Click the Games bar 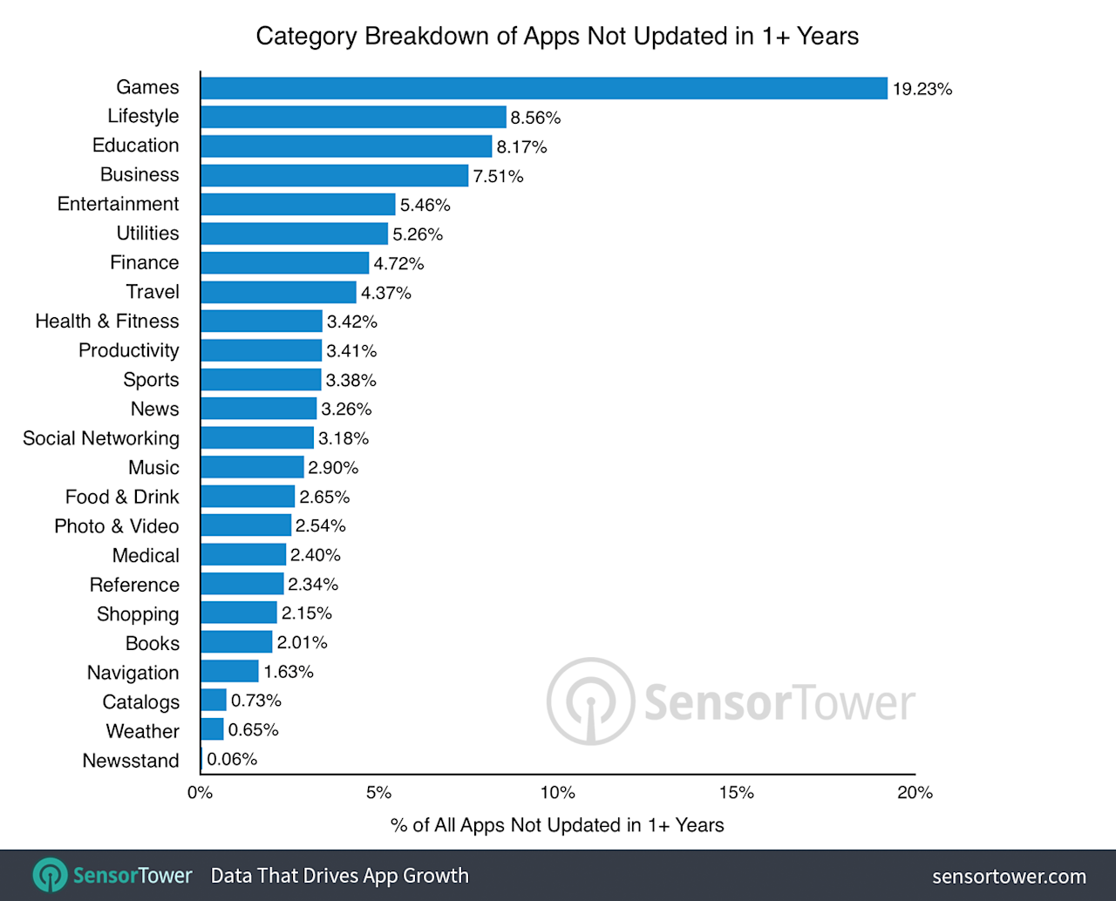pyautogui.click(x=544, y=88)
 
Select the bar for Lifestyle pyautogui.click(x=353, y=117)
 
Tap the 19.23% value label pyautogui.click(x=922, y=89)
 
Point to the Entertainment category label pyautogui.click(x=118, y=204)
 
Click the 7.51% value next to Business pyautogui.click(x=498, y=176)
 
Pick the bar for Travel pyautogui.click(x=278, y=292)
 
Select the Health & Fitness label pyautogui.click(x=106, y=322)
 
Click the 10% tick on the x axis pyautogui.click(x=557, y=793)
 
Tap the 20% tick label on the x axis pyautogui.click(x=915, y=793)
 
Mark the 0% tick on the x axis pyautogui.click(x=200, y=793)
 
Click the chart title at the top pyautogui.click(x=557, y=37)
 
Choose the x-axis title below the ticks pyautogui.click(x=557, y=825)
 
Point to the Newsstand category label pyautogui.click(x=131, y=761)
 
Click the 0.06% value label pyautogui.click(x=232, y=760)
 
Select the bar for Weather pyautogui.click(x=212, y=730)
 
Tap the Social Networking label pyautogui.click(x=101, y=438)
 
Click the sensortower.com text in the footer pyautogui.click(x=1009, y=877)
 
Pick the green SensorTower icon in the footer pyautogui.click(x=50, y=876)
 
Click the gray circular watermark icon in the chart pyautogui.click(x=590, y=701)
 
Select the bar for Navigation pyautogui.click(x=229, y=672)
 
